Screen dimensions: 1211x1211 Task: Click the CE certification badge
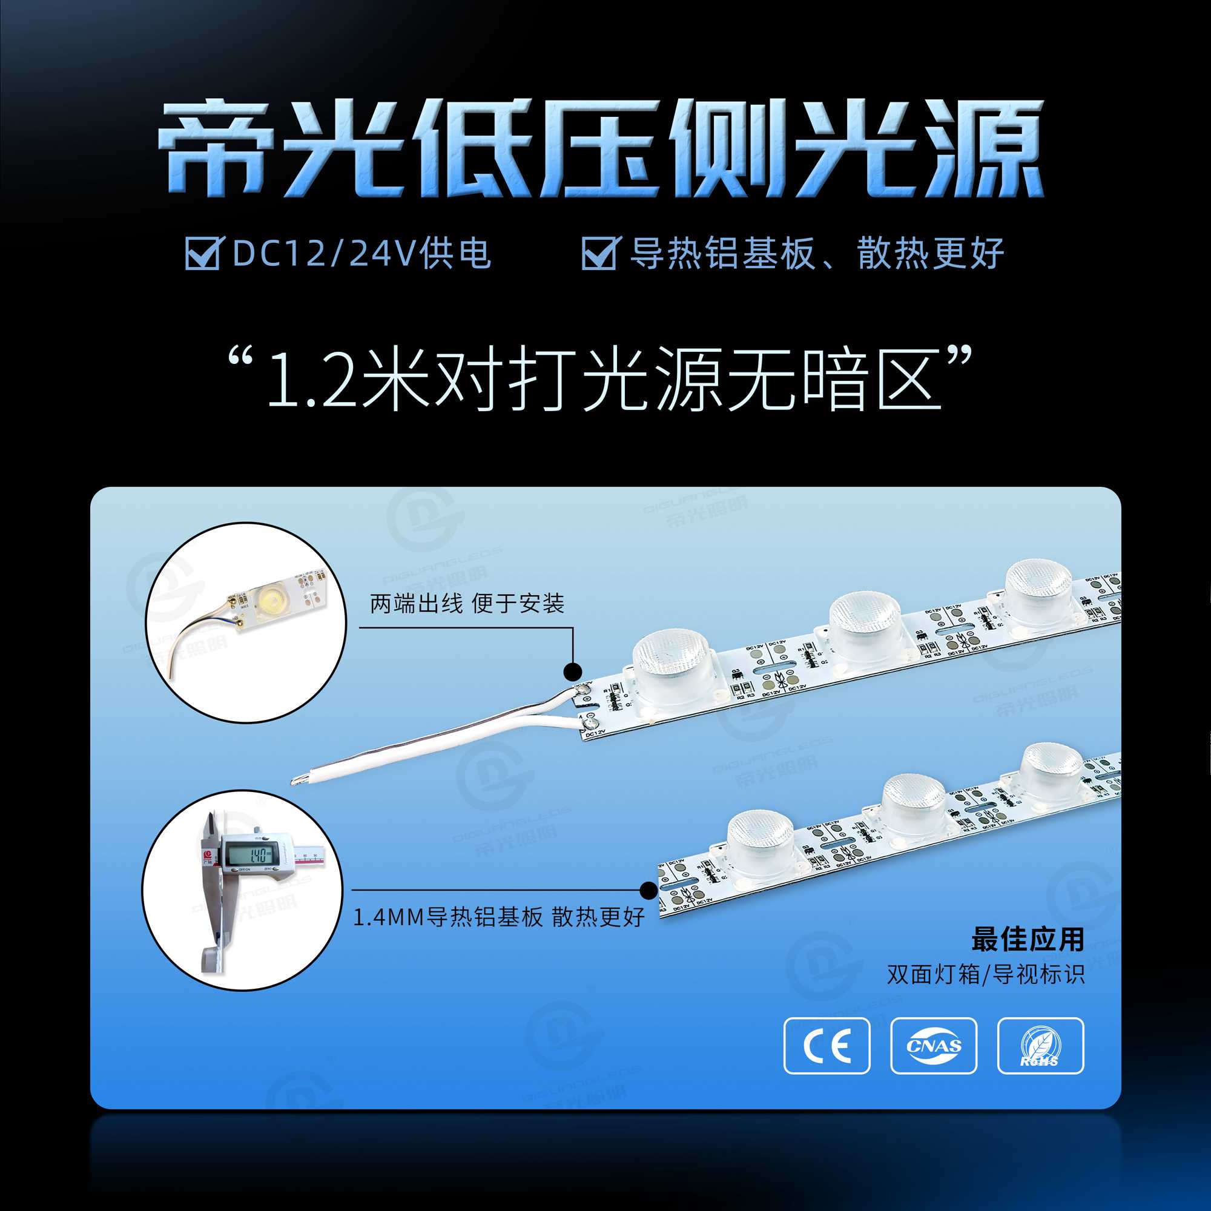(x=827, y=1046)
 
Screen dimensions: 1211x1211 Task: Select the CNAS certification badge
(x=933, y=1046)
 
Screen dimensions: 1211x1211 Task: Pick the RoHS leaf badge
(x=1040, y=1046)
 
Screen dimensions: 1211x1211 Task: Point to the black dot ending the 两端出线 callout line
(x=573, y=671)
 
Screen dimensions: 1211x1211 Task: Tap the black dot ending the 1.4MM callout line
(x=649, y=890)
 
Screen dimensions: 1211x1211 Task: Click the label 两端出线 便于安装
(x=467, y=604)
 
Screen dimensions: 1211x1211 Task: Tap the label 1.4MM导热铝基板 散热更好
(x=499, y=917)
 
